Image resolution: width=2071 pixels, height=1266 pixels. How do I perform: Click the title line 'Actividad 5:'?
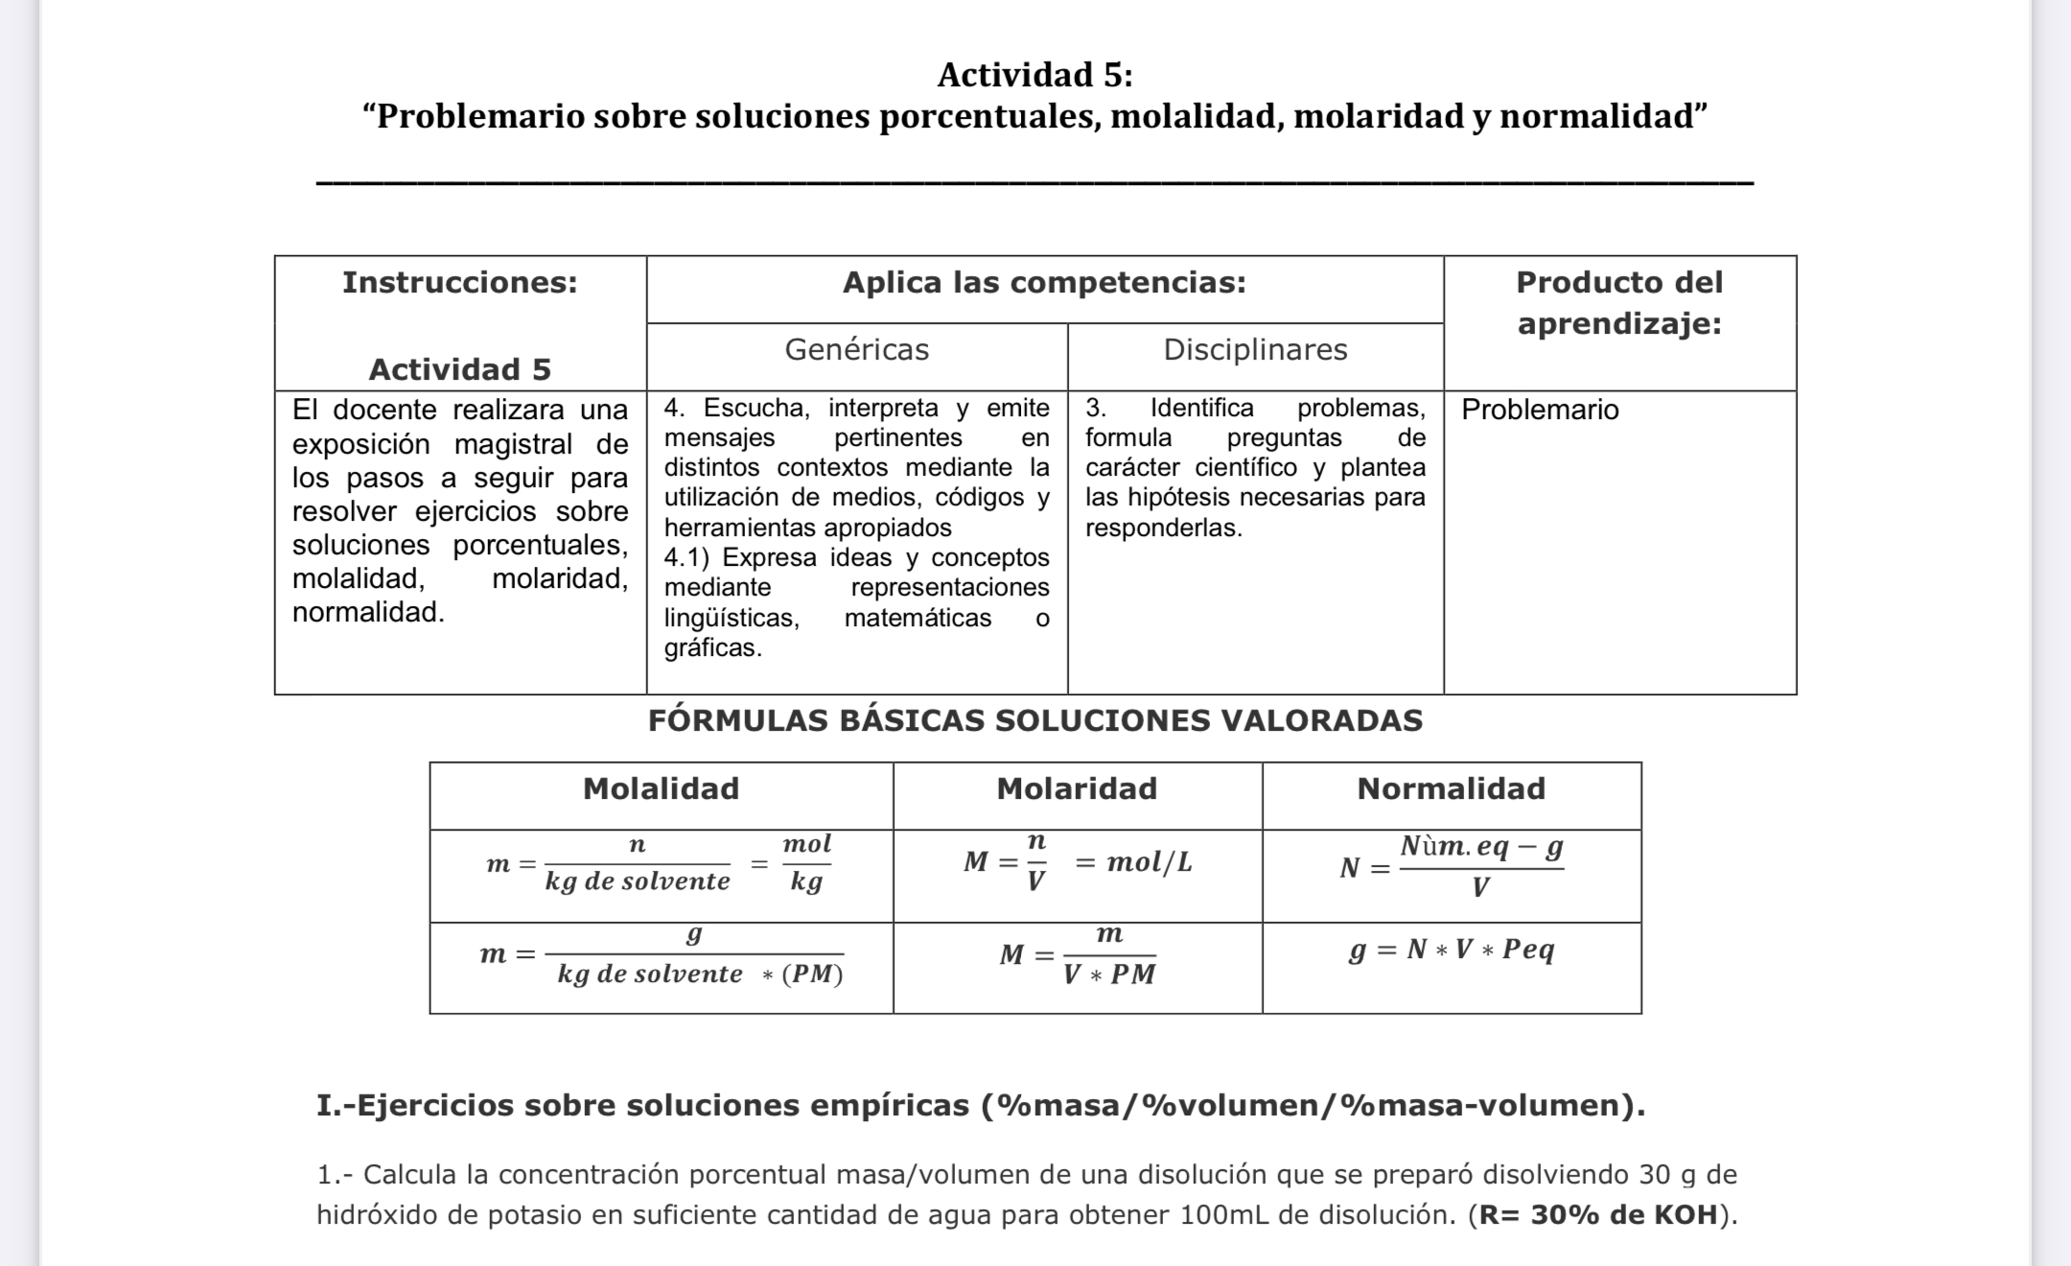point(1035,74)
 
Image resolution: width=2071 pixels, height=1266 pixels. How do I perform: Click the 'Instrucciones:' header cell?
point(460,283)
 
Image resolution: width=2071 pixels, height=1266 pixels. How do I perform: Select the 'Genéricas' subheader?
point(856,350)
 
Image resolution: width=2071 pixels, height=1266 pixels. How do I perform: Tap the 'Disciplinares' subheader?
point(1255,350)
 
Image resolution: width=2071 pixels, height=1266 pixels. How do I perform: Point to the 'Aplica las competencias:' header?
point(1044,283)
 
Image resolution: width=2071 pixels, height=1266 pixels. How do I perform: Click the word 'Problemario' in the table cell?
point(1540,410)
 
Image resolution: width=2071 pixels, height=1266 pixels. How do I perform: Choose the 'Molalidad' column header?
point(661,789)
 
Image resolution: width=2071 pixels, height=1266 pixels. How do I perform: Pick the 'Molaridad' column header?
point(1077,789)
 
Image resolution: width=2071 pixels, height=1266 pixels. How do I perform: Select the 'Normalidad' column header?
point(1451,789)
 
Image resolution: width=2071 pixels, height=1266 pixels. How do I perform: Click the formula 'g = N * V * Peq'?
point(1452,949)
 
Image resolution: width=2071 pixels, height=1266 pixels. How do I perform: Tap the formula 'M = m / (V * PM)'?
point(1077,955)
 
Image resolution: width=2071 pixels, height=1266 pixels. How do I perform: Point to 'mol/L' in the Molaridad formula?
point(1150,862)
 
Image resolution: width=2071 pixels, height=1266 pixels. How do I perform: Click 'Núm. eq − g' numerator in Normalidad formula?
point(1481,847)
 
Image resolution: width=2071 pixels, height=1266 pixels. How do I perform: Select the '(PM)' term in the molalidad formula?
point(812,974)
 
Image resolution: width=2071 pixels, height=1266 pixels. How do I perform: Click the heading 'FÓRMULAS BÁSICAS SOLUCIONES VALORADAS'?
point(1035,720)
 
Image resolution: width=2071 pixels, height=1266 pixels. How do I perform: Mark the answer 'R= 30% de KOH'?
point(1598,1215)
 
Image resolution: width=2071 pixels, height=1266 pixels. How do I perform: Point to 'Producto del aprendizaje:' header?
point(1619,302)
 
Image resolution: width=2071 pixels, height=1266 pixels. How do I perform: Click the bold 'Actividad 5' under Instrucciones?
point(460,369)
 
